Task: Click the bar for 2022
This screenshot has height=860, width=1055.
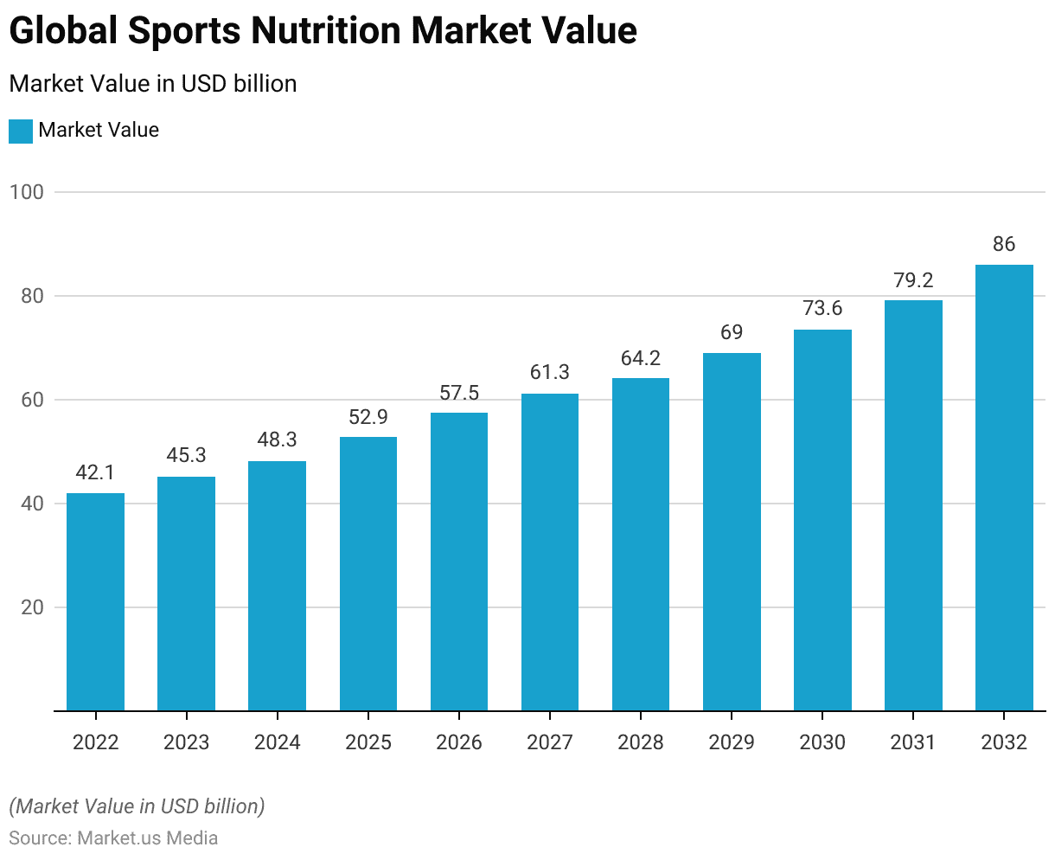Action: pos(95,602)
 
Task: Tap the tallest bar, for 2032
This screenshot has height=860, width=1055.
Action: pos(1004,488)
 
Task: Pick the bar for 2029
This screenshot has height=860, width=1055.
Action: pos(732,532)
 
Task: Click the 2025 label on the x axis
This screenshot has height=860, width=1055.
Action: pos(368,742)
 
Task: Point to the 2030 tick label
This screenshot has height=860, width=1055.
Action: pos(822,742)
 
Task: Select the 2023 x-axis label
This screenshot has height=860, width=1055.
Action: pos(186,742)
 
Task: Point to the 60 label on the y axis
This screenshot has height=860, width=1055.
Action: pos(32,400)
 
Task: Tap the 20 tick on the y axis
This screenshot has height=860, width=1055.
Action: pos(32,607)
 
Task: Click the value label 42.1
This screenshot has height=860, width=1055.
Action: pos(95,472)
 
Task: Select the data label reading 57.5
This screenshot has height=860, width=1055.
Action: pos(459,393)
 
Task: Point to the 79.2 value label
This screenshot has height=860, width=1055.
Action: pos(913,280)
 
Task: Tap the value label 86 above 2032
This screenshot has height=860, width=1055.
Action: pos(1004,244)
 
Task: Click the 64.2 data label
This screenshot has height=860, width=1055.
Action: pos(641,358)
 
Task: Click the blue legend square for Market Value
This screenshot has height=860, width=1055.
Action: pos(21,131)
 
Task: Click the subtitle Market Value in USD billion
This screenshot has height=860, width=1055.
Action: pos(153,84)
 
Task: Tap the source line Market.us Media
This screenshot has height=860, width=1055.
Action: pos(113,838)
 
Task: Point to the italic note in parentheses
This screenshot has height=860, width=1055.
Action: pos(137,806)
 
